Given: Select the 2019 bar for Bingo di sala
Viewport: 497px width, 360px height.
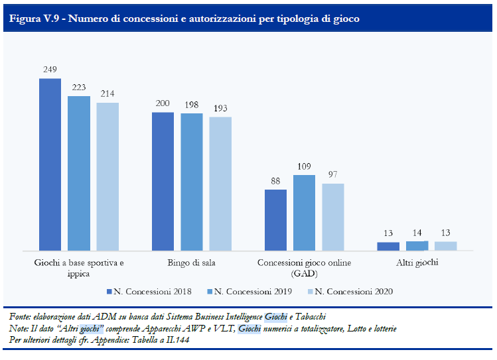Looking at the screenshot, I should (x=191, y=182).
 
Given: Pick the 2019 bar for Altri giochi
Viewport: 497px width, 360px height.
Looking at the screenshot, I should (x=417, y=245).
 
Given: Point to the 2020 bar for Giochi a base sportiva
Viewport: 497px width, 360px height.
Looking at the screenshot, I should (x=107, y=176).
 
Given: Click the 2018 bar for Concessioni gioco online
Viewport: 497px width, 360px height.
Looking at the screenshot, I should (x=275, y=219).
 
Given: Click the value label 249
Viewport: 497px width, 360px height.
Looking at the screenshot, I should (x=50, y=69).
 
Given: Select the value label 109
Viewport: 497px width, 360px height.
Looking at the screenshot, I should (x=305, y=165).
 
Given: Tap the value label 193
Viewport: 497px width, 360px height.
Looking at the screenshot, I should (x=220, y=107).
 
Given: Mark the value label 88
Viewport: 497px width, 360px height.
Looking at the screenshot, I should (x=275, y=180).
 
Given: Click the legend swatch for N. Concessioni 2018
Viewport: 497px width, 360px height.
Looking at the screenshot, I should (x=109, y=291).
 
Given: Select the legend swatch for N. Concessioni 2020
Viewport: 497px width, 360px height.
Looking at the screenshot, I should (x=309, y=291).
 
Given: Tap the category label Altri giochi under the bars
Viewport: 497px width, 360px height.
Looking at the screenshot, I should (x=417, y=263).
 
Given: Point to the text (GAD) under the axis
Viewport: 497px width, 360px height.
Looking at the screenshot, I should (x=304, y=273).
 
